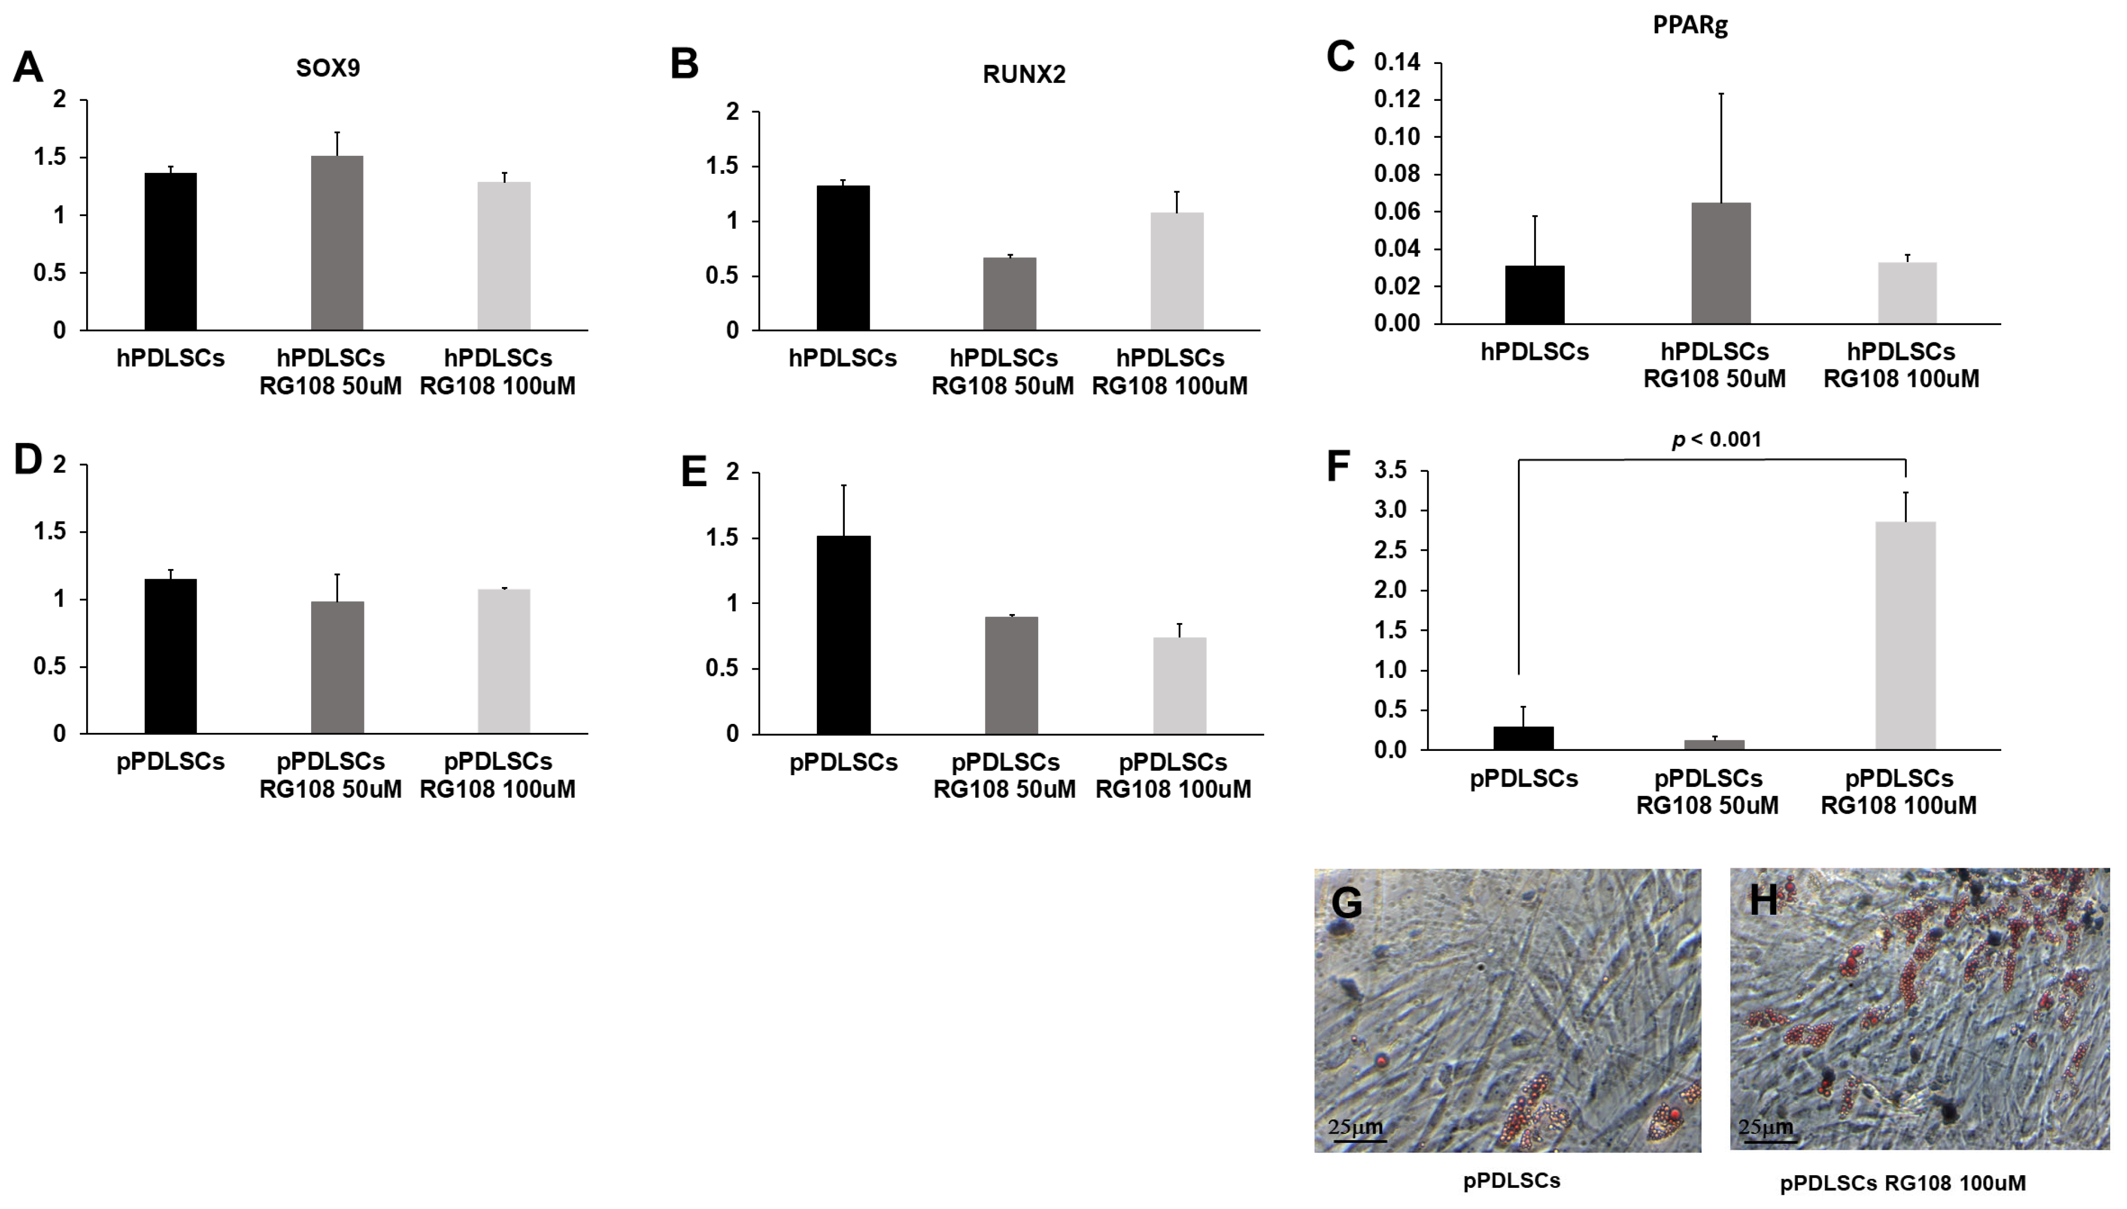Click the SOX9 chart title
tap(328, 68)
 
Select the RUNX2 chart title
tap(1024, 75)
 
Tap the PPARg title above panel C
tap(1690, 25)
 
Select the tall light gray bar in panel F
tap(1905, 635)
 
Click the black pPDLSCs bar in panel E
tap(844, 635)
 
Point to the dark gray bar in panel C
tap(1721, 263)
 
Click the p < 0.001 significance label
tap(1716, 439)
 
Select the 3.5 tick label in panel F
tap(1391, 471)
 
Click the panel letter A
tap(27, 67)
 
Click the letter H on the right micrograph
tap(1764, 899)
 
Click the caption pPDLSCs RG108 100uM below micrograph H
tap(1902, 1183)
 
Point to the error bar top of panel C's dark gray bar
tap(1721, 94)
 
